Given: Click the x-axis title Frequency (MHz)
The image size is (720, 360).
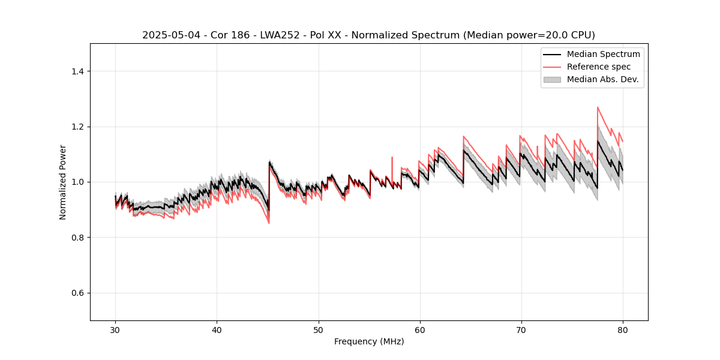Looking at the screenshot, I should (x=369, y=341).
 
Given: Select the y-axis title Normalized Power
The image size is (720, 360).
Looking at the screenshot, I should (x=63, y=182).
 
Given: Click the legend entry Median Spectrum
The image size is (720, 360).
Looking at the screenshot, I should (x=603, y=54).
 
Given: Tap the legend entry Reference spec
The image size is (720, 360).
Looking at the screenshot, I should (x=599, y=67).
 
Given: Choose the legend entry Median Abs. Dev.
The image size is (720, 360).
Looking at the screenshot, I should (x=602, y=79).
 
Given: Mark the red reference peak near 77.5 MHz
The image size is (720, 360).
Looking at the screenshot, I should (x=598, y=107).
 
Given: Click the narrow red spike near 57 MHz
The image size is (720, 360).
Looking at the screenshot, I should (x=392, y=158).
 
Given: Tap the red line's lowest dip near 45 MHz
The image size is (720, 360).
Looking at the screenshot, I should (x=268, y=223).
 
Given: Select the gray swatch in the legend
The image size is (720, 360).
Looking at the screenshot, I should (x=552, y=79).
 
